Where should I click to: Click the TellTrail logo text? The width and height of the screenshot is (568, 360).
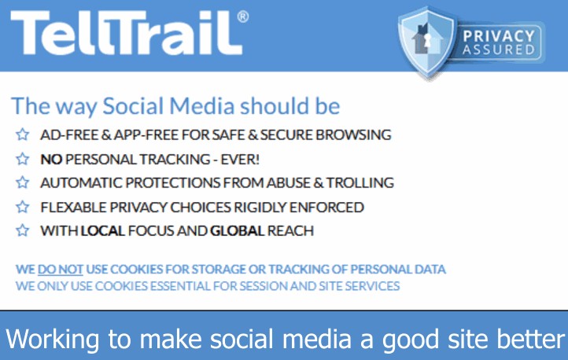tap(127, 32)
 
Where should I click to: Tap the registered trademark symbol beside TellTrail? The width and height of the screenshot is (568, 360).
tap(243, 17)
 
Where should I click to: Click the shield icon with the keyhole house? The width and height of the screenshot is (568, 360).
tap(426, 42)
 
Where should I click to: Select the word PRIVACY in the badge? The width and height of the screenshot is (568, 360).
tap(499, 36)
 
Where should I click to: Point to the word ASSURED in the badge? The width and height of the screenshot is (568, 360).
tap(499, 50)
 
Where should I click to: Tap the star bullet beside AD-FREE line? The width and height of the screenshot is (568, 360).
tap(23, 134)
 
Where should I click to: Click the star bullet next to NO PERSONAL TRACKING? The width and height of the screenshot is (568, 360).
tap(23, 159)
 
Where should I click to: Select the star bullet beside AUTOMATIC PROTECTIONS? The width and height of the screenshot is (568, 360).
tap(23, 182)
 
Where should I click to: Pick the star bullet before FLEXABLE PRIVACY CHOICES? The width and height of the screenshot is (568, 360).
tap(23, 207)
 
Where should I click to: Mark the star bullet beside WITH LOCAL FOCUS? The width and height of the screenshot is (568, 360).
tap(23, 230)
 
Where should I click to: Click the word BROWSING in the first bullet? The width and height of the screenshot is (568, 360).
tap(353, 134)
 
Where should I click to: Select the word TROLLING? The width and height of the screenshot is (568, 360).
tap(360, 182)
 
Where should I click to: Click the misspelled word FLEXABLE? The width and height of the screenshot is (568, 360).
tap(73, 208)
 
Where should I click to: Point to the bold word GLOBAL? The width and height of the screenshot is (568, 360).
tap(238, 231)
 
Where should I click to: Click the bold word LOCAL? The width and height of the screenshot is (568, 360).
tap(103, 231)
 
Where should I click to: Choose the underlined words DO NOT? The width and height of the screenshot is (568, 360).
tap(61, 270)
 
